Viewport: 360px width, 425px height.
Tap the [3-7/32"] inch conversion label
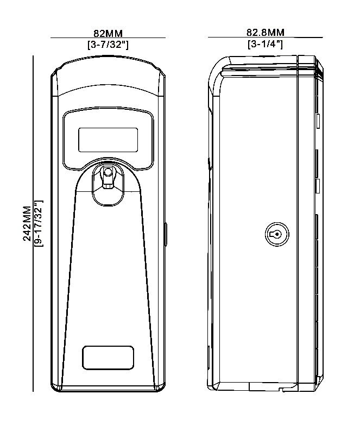pyautogui.click(x=108, y=45)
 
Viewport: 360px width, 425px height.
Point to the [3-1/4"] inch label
pyautogui.click(x=265, y=45)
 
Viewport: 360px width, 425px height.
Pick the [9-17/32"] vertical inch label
pyautogui.click(x=39, y=223)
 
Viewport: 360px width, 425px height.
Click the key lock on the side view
pyautogui.click(x=276, y=234)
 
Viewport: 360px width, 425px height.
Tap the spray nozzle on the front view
pyautogui.click(x=108, y=175)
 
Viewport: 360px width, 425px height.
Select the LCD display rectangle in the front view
pyautogui.click(x=108, y=140)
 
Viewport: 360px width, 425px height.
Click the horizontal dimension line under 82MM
pyautogui.click(x=108, y=38)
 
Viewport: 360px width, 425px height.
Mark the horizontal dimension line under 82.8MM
pyautogui.click(x=265, y=37)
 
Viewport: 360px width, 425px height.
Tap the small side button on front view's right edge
pyautogui.click(x=165, y=234)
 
